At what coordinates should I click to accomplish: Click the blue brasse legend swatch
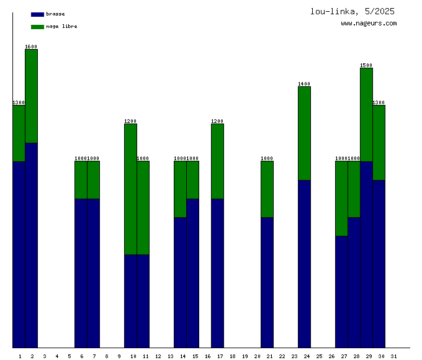[37, 14]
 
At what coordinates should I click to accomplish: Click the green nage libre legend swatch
[37, 27]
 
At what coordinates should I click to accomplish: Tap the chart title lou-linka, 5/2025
[352, 11]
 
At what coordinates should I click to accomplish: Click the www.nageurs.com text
[369, 24]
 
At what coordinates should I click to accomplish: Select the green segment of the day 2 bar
[31, 96]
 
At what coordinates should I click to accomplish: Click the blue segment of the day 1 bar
[19, 254]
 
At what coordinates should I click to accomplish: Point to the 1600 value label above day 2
[31, 47]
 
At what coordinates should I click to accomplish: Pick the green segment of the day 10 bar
[130, 189]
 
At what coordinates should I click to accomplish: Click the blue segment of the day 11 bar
[143, 301]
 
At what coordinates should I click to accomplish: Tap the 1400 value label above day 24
[304, 84]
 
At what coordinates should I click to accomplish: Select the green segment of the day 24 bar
[304, 133]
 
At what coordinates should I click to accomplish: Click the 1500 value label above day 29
[366, 65]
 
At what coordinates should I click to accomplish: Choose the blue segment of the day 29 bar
[366, 254]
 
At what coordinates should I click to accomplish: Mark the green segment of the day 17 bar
[217, 161]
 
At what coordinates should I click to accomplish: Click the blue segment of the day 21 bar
[267, 282]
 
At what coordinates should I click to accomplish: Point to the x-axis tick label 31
[394, 356]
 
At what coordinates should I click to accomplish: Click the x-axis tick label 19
[245, 356]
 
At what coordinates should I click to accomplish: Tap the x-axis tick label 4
[57, 356]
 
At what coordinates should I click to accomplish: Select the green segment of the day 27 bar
[341, 199]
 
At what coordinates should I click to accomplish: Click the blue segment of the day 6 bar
[81, 273]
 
